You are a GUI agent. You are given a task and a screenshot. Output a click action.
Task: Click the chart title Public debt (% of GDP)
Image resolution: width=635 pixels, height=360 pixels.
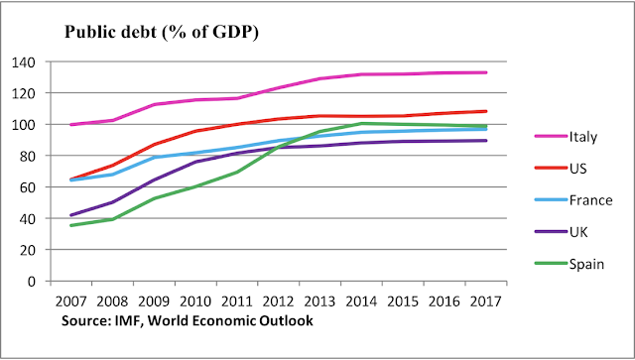point(161,32)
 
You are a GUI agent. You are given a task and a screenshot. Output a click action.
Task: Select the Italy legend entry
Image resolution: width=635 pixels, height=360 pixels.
point(566,137)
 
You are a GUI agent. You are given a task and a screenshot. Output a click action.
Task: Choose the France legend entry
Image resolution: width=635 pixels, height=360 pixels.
point(573,200)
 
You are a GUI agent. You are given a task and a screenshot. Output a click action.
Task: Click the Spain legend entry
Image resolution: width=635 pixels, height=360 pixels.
point(570,264)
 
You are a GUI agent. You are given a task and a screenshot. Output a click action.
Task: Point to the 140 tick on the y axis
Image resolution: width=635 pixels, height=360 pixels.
point(24,61)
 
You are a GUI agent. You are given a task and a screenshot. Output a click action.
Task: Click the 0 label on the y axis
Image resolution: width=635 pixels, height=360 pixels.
point(32,281)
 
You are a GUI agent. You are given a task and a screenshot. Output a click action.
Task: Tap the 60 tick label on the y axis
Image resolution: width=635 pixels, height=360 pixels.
point(28,187)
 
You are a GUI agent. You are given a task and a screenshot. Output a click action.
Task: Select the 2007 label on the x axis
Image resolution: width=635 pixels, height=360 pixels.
point(70,301)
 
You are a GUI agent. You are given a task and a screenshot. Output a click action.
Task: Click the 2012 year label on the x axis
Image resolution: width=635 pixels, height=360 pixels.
point(278,301)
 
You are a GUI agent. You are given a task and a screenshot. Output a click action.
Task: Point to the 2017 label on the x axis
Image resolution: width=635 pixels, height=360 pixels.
point(485,301)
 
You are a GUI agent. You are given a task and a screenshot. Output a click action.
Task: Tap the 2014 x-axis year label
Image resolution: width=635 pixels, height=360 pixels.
point(361,301)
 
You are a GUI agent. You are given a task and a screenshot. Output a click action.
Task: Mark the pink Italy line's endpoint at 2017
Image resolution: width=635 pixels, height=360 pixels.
point(485,72)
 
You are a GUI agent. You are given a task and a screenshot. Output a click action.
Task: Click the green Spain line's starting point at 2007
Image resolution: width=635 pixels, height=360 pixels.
point(71,225)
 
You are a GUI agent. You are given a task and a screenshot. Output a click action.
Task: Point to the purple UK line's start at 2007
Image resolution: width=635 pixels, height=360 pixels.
point(71,215)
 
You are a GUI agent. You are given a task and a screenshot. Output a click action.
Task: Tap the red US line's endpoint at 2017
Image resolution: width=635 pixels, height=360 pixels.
point(485,111)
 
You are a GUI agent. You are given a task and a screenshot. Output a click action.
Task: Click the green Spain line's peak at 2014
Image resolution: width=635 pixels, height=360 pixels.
point(361,123)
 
